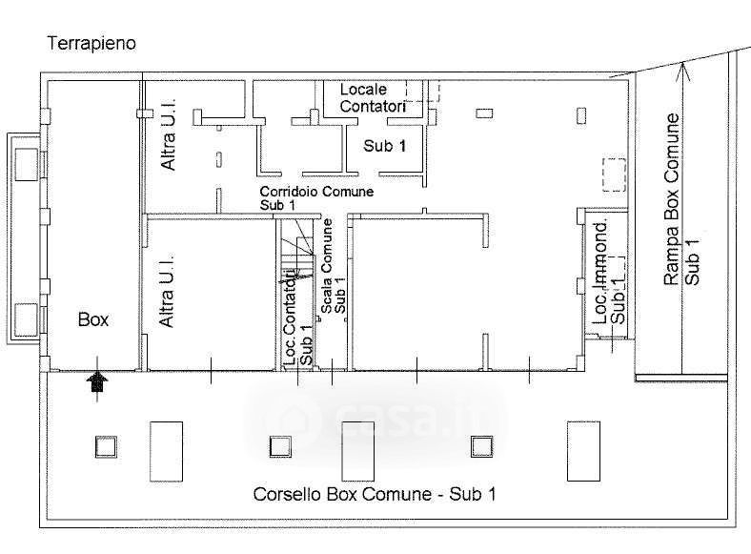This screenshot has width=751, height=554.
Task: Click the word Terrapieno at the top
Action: click(91, 43)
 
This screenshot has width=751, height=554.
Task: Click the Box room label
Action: click(93, 320)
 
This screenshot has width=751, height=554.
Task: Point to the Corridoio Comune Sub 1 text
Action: click(316, 197)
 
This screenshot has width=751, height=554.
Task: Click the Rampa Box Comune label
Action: click(673, 199)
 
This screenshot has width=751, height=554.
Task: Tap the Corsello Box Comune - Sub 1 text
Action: click(374, 495)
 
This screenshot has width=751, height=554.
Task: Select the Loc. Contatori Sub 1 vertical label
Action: click(297, 319)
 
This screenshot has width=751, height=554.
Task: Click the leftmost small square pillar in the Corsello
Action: click(105, 445)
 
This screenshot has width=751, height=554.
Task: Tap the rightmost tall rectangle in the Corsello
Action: click(582, 451)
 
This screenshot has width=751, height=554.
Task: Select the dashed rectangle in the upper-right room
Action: click(613, 174)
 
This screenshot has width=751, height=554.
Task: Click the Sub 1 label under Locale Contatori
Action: click(384, 146)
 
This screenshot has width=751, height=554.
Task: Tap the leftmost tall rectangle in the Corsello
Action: click(165, 451)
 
